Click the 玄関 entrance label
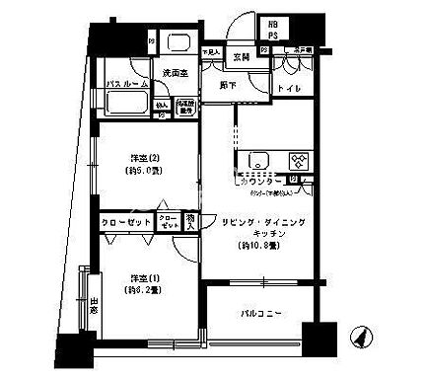(x=241, y=56)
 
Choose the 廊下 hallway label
(x=230, y=86)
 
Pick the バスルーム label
(x=127, y=85)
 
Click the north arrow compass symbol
(x=361, y=336)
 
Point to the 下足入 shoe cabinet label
(x=210, y=51)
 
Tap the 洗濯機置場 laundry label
(x=185, y=108)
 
